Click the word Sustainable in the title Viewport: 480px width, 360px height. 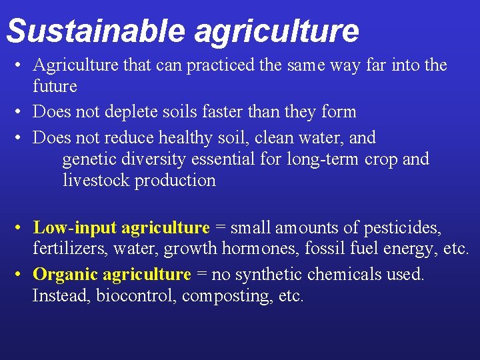click(x=93, y=31)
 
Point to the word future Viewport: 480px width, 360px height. click(x=55, y=87)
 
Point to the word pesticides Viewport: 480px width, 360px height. click(x=402, y=229)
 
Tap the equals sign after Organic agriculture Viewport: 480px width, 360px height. click(x=200, y=275)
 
